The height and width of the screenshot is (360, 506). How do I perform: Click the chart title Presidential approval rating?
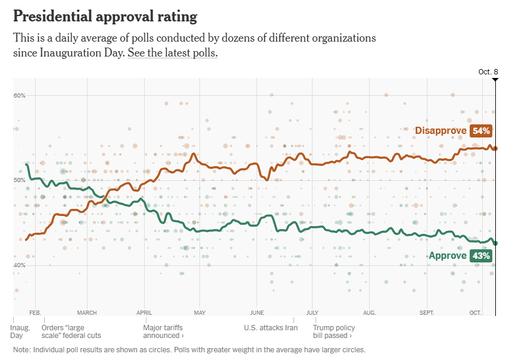click(105, 16)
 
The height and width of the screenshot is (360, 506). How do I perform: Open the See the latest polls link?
click(173, 53)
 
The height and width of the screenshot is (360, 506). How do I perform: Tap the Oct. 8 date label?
click(488, 72)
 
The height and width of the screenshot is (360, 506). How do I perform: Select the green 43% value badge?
click(480, 256)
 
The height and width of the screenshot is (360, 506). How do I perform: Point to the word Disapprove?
click(441, 130)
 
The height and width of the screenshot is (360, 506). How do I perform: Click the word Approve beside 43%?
click(448, 256)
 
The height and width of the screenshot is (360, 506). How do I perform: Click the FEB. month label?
click(35, 312)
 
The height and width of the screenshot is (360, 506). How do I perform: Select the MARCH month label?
click(87, 312)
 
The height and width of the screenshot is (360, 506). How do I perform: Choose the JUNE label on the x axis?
click(257, 312)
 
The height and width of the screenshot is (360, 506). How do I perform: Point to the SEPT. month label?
click(427, 312)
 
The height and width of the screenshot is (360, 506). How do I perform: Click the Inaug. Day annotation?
click(20, 331)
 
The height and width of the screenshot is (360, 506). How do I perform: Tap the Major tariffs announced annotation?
click(164, 331)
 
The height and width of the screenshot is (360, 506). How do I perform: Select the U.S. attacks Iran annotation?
click(271, 327)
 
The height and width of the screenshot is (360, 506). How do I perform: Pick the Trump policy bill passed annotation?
click(334, 331)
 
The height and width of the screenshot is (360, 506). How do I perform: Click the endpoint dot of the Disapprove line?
click(495, 148)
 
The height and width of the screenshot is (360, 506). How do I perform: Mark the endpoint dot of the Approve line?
click(495, 243)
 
